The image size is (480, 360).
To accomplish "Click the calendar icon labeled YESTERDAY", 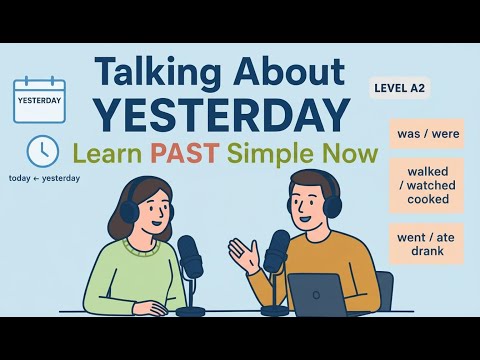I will pyautogui.click(x=39, y=100).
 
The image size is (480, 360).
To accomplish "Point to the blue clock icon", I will pyautogui.click(x=42, y=151).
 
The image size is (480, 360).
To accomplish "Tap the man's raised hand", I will pyautogui.click(x=241, y=252).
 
